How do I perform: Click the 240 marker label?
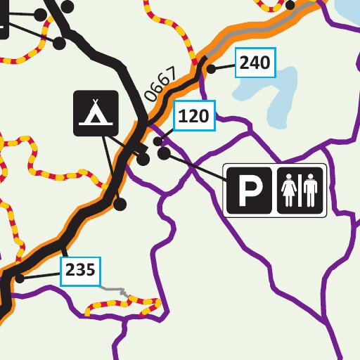[x=255, y=63]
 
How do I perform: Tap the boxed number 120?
[x=193, y=117]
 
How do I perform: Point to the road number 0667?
[x=159, y=86]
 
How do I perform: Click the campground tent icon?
[x=95, y=113]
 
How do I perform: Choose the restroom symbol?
[x=301, y=190]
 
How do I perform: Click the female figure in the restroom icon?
[x=289, y=191]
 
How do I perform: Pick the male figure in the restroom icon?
[x=311, y=191]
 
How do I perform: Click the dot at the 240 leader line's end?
[x=211, y=68]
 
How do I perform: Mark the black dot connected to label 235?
[x=20, y=278]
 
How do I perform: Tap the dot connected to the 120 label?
[x=158, y=141]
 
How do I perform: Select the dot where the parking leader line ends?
[x=164, y=153]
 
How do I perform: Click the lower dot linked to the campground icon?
[x=120, y=204]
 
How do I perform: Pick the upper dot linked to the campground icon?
[x=143, y=160]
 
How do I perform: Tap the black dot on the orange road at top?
[x=291, y=5]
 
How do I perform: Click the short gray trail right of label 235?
[x=112, y=288]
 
